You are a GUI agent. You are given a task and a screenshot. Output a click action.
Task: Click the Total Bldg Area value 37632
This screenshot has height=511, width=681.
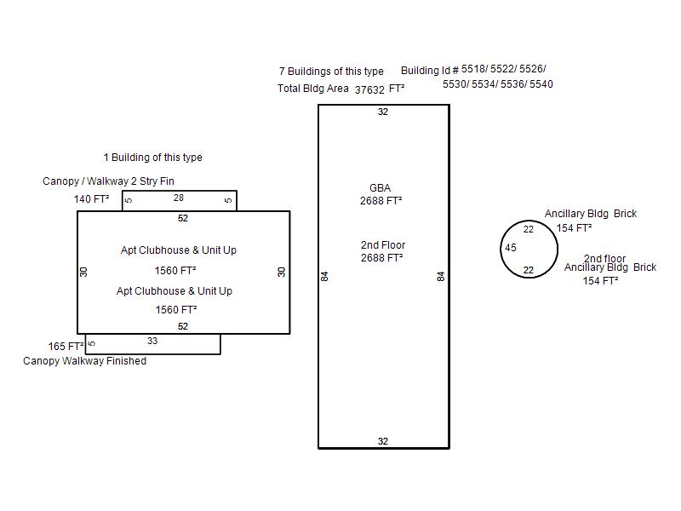click(369, 89)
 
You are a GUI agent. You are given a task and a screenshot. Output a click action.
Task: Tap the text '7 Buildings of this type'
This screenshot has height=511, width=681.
click(331, 72)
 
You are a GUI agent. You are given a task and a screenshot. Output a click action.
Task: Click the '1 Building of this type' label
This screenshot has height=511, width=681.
click(152, 158)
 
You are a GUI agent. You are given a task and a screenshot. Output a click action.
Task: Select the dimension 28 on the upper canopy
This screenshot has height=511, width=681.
click(179, 198)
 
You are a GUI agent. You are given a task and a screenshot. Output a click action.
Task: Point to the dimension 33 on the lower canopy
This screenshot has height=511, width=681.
click(152, 342)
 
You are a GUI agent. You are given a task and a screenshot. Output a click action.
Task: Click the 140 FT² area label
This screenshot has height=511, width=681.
click(92, 199)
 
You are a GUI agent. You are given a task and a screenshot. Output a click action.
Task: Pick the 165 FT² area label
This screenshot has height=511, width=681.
click(66, 347)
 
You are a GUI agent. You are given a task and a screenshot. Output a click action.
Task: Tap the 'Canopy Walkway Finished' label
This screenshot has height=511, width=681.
click(84, 361)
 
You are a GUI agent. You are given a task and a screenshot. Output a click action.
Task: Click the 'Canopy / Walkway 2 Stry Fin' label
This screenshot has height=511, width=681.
click(108, 181)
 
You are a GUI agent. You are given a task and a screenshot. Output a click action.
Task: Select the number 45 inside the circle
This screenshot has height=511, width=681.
click(511, 249)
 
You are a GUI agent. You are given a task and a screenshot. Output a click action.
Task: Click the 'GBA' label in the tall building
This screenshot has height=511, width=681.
click(381, 188)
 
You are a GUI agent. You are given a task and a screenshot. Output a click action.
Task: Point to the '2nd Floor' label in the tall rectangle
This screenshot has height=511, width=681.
click(383, 245)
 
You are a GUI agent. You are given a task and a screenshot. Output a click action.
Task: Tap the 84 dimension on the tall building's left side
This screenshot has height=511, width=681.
click(325, 276)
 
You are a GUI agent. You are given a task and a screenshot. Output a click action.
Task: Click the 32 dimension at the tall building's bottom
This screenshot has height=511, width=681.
click(383, 441)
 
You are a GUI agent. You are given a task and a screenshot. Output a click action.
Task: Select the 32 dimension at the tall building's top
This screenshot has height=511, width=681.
click(383, 112)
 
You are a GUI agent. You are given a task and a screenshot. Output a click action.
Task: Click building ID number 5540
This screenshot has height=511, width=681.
click(541, 84)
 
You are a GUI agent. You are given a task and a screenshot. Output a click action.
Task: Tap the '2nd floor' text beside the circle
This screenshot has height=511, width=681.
click(604, 258)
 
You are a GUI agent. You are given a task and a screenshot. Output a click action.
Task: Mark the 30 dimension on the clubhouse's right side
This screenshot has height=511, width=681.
click(282, 272)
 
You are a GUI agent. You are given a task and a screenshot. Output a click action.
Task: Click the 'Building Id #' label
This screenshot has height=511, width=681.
click(430, 71)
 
